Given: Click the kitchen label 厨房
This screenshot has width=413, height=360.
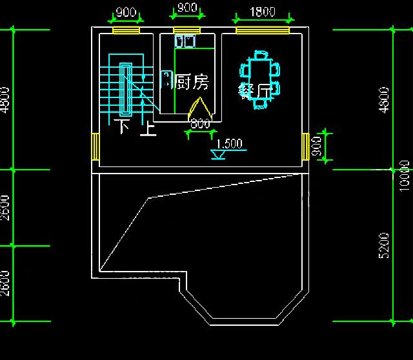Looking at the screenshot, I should click(x=192, y=82).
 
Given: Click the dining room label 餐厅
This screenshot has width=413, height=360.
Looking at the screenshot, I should click(x=254, y=90).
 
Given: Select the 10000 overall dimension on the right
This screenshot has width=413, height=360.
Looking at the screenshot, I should click(x=405, y=175).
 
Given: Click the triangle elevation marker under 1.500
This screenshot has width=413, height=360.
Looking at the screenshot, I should click(x=218, y=155).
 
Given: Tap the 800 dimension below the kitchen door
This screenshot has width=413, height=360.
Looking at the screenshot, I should click(x=201, y=124).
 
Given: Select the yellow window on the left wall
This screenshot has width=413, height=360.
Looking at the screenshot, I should click(x=95, y=146).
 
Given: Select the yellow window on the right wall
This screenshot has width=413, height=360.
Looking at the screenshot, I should click(x=305, y=146).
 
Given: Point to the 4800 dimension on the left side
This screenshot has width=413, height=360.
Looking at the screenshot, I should click(x=5, y=100).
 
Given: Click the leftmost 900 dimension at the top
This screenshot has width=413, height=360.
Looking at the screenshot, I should click(x=126, y=12).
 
